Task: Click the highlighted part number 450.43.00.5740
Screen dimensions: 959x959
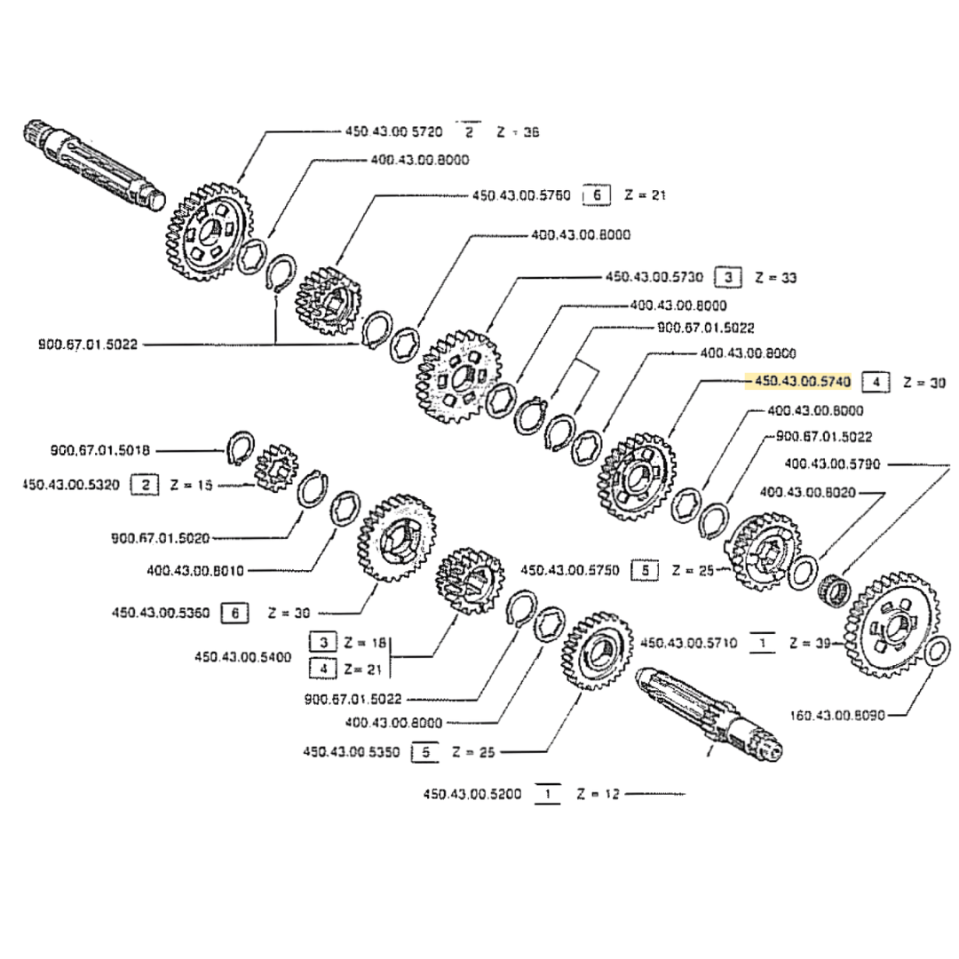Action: (802, 383)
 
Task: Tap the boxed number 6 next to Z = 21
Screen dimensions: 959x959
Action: (596, 194)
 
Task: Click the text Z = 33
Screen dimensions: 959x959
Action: (775, 278)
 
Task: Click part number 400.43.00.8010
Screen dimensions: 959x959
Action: (195, 569)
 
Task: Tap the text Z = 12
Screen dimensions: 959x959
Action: (595, 793)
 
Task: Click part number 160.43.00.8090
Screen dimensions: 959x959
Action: (836, 714)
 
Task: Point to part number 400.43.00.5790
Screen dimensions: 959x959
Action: (832, 463)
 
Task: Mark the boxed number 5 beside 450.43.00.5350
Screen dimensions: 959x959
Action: (425, 752)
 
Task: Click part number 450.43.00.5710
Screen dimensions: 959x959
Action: (688, 643)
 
